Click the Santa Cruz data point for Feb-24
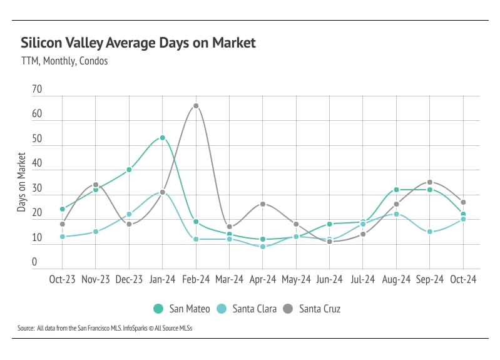196,106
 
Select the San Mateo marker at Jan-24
163,138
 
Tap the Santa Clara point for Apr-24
263,247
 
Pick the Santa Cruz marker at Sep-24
430,182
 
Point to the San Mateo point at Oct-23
63,209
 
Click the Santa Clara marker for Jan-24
163,192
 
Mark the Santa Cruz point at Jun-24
330,242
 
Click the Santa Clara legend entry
250,309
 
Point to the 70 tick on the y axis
37,90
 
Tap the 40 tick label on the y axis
37,163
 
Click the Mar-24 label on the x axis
229,279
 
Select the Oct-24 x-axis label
463,279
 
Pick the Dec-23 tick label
129,279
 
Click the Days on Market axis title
22,182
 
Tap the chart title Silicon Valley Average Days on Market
138,43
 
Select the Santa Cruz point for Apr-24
263,204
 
